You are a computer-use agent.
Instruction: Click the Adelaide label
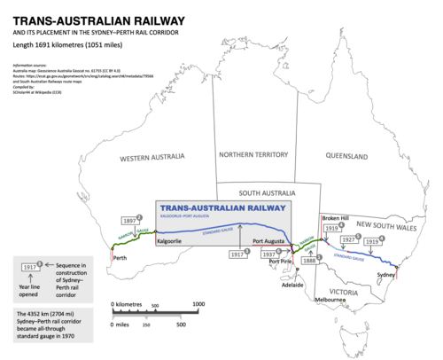point(292,286)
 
